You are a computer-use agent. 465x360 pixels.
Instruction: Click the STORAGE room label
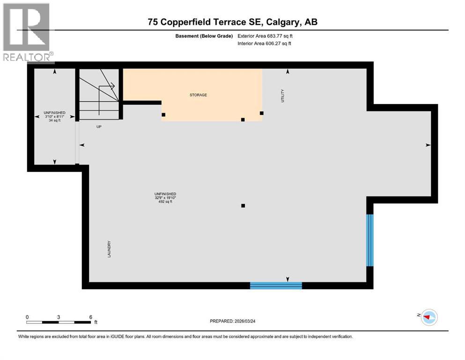(198, 95)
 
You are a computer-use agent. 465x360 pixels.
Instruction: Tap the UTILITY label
(282, 96)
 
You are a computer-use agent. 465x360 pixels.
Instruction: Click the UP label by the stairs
(99, 127)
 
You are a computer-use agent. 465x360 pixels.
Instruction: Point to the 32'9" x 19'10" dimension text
(165, 198)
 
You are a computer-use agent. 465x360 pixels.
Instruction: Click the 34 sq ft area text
(55, 120)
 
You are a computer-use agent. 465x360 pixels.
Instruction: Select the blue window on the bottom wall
(276, 285)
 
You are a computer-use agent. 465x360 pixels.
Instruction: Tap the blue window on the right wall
(370, 240)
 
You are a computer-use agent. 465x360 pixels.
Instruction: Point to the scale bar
(59, 322)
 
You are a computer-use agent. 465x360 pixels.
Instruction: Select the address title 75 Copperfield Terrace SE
(232, 22)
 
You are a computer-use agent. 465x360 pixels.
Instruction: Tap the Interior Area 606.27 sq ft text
(264, 44)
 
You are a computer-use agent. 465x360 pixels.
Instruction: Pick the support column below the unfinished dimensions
(243, 205)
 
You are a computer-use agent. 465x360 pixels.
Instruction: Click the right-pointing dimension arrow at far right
(428, 145)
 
